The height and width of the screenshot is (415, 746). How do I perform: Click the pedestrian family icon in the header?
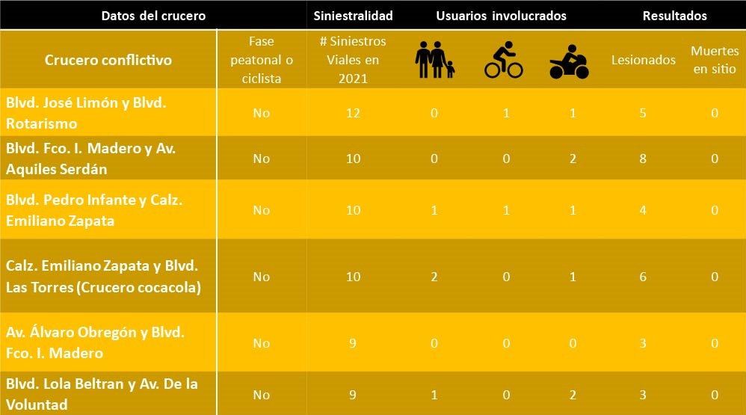point(434,60)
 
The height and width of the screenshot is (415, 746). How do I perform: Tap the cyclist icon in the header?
point(503,61)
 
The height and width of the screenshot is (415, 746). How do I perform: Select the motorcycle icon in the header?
point(569,61)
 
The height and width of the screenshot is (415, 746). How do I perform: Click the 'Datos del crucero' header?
point(153,16)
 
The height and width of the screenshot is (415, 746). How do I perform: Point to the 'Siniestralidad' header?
point(354,16)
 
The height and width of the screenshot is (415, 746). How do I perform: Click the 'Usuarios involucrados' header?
point(502,16)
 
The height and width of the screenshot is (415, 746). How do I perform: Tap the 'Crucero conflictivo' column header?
point(108,60)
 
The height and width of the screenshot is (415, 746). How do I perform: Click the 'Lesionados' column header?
point(644,61)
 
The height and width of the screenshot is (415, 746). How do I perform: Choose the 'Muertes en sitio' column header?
point(714,60)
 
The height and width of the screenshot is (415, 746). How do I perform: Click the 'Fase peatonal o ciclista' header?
point(261,60)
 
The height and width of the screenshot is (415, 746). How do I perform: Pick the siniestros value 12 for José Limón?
point(354,113)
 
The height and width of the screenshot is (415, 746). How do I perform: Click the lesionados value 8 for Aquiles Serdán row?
point(643,158)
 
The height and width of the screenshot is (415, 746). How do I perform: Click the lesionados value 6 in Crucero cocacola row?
point(643,277)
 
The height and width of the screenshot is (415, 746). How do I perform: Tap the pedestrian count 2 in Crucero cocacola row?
point(434,277)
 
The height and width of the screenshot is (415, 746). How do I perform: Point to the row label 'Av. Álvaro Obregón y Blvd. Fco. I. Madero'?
point(95,342)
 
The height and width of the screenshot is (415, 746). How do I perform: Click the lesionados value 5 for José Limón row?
point(643,113)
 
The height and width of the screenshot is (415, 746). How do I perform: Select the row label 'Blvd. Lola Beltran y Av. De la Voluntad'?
point(102,394)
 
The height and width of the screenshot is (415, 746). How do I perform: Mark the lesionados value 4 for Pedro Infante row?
point(643,210)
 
